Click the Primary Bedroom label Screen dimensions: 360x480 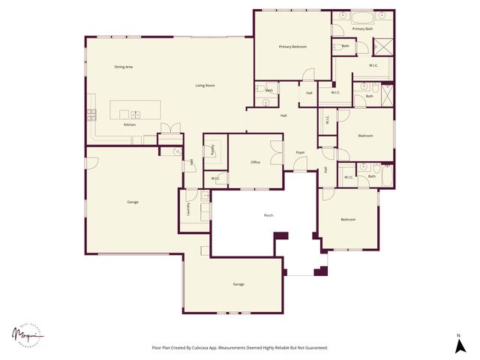[x=293, y=47]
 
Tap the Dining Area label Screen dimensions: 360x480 [x=124, y=67]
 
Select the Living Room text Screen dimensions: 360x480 [x=205, y=85]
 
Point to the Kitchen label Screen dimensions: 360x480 [x=130, y=124]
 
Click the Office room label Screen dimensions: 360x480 [x=256, y=162]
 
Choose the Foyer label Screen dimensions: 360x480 [x=300, y=152]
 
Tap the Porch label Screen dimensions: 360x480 [x=268, y=215]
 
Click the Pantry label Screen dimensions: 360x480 [x=213, y=150]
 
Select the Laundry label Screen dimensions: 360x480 [x=188, y=209]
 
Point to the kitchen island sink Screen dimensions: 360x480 [x=136, y=113]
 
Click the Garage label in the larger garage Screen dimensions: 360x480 [x=132, y=202]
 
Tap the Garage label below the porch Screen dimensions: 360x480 [x=238, y=284]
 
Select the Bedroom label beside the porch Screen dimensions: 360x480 [x=348, y=220]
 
